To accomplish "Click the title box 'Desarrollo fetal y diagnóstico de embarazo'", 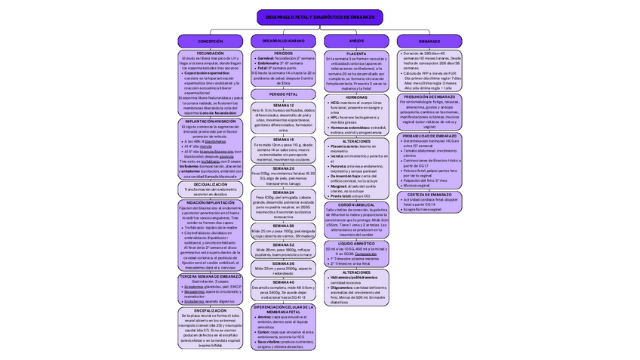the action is coord(319,17).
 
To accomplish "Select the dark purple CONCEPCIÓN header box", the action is coord(210,41).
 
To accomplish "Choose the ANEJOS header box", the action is coord(356,41).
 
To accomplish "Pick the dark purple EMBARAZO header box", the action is coord(429,41).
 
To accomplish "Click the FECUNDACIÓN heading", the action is coord(211,54).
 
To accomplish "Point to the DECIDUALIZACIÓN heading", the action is coord(211,184).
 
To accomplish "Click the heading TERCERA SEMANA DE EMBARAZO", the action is coord(211,276).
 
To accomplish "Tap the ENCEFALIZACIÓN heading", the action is coord(211,310).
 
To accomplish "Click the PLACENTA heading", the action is coord(356,54).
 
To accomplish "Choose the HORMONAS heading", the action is coord(356,97).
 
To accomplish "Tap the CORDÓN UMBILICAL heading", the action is coord(356,205).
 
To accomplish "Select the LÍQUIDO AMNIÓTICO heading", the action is coord(356,244).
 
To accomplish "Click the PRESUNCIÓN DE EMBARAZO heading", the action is coord(429,97).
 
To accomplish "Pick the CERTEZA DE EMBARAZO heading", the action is coord(429,194).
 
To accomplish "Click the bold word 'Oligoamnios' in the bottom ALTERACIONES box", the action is coord(344,287).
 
